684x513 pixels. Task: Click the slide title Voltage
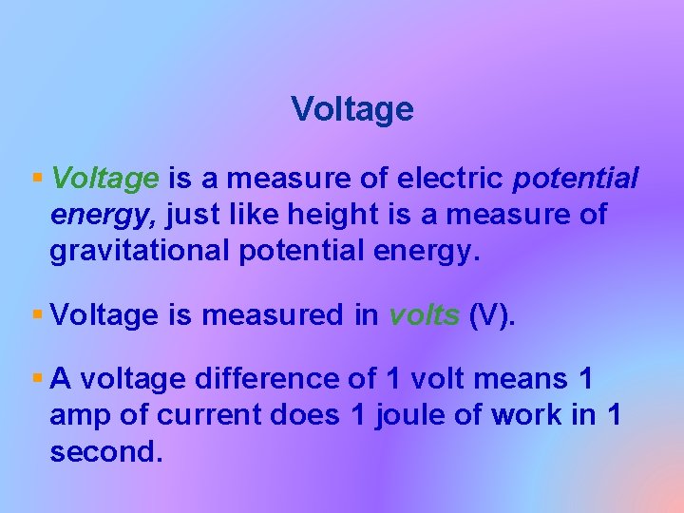click(352, 110)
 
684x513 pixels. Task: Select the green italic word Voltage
click(105, 179)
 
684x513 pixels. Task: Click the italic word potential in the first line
click(576, 179)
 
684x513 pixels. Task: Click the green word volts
click(425, 314)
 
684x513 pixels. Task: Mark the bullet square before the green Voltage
click(37, 178)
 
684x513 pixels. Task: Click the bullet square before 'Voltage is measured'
click(37, 313)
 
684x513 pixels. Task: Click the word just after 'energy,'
click(195, 216)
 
